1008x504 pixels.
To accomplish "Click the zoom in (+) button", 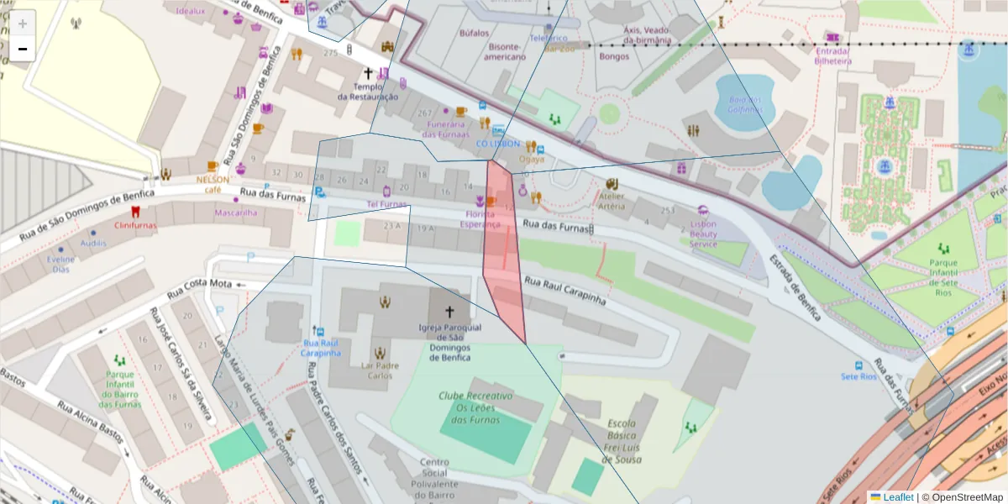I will pos(23,24).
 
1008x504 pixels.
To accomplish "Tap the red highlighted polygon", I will pos(504,252).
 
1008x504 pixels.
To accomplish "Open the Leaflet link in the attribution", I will pos(897,497).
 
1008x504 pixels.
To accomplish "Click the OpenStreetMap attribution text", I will pos(967,497).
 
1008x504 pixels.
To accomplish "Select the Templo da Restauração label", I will pos(367,92).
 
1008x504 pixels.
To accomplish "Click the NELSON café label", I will pos(213,184).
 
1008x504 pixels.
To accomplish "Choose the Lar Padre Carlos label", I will pos(380,370).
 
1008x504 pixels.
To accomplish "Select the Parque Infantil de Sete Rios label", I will pos(942,273).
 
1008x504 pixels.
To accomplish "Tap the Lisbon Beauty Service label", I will pos(703,234).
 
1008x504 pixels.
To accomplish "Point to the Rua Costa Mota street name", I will pos(198,289).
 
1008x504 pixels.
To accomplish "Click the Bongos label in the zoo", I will pos(614,56).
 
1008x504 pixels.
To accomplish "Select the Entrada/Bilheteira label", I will pos(832,55).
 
